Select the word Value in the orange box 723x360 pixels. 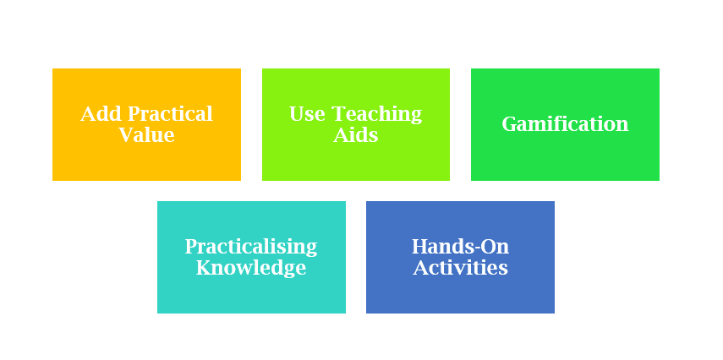pyautogui.click(x=146, y=135)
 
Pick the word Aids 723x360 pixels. pyautogui.click(x=355, y=135)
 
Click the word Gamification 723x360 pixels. pyautogui.click(x=565, y=124)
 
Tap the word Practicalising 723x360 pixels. pyautogui.click(x=251, y=247)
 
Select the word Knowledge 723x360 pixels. pyautogui.click(x=251, y=268)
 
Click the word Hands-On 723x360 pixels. pyautogui.click(x=460, y=247)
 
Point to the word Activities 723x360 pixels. pyautogui.click(x=460, y=268)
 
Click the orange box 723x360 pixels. pyautogui.click(x=146, y=161)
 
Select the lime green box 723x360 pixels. pyautogui.click(x=355, y=161)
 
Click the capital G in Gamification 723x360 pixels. pyautogui.click(x=509, y=124)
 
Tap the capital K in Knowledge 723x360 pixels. pyautogui.click(x=204, y=268)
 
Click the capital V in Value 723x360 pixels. pyautogui.click(x=125, y=135)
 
